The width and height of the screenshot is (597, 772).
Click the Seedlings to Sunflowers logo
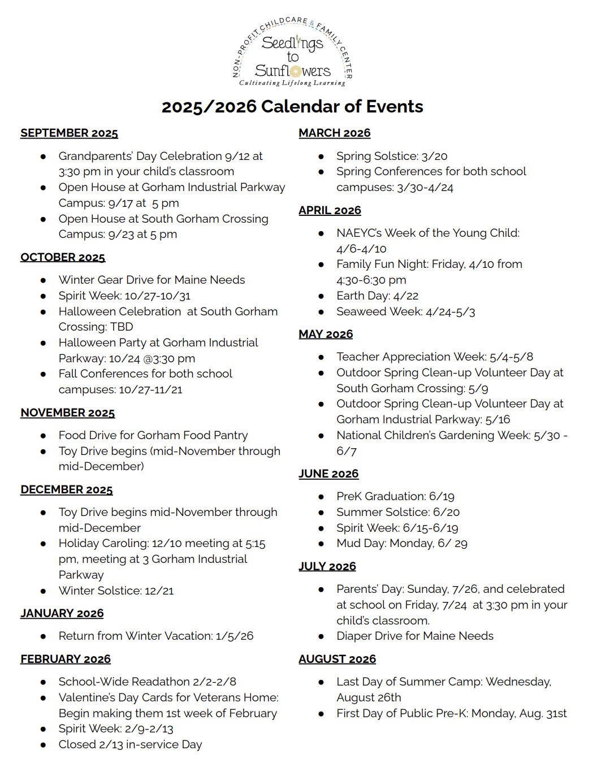pos(292,53)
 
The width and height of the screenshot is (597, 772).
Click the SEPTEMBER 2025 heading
pos(69,133)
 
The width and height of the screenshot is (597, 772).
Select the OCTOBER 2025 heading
pos(63,258)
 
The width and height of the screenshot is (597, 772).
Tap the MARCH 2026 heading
pos(335,133)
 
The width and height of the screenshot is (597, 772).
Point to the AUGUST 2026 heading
pos(337,660)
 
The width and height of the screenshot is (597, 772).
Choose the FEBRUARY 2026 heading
pos(66,660)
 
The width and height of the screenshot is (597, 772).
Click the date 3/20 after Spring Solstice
pos(434,157)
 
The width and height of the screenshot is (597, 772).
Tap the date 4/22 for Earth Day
pos(406,296)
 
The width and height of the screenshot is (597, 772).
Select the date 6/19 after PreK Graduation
pos(442,497)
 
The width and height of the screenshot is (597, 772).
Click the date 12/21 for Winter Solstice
pos(159,591)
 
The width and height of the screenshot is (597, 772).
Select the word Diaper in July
pos(354,636)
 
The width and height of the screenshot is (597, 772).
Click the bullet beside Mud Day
pos(321,544)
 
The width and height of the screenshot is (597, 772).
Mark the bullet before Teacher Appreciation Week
pos(321,357)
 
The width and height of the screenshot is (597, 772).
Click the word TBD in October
pos(122,327)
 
